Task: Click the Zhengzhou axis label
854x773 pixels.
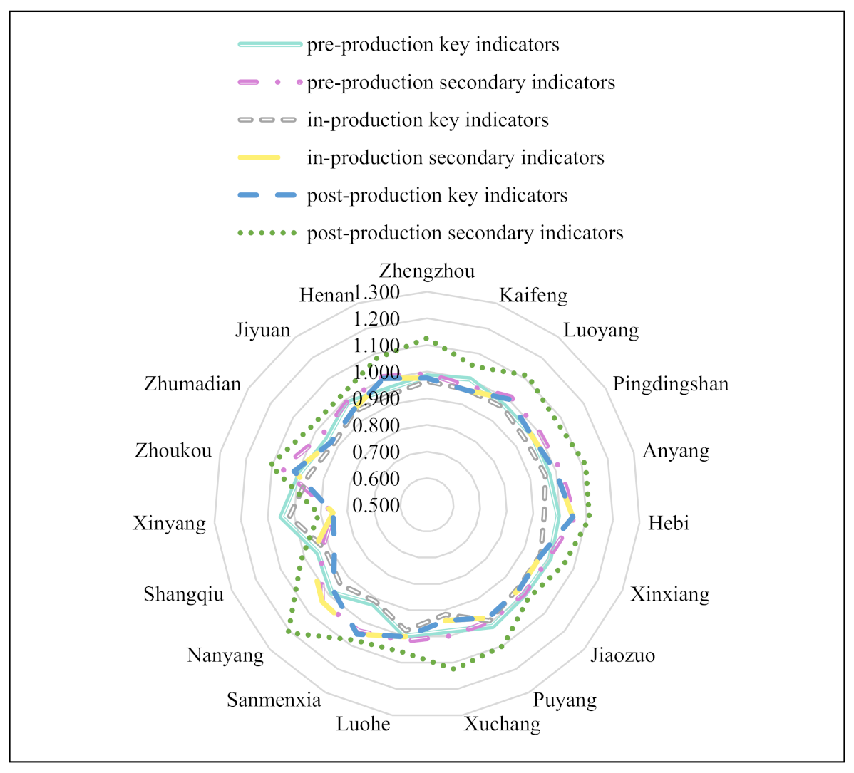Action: tap(426, 271)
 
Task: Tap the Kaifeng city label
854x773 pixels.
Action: tap(533, 295)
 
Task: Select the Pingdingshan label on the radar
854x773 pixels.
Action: tap(671, 385)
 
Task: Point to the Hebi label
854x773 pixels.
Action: tap(669, 524)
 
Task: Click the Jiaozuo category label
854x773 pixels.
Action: tap(622, 655)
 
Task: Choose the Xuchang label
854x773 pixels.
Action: tap(503, 725)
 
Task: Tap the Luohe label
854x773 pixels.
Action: tap(364, 725)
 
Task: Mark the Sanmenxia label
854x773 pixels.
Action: tap(274, 700)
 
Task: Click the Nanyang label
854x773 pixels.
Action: tap(225, 655)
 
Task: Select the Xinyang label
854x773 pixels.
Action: tap(170, 524)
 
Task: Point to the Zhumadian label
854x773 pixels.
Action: tap(192, 385)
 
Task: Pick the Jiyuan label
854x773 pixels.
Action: tap(263, 331)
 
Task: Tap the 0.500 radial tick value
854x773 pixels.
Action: tap(376, 505)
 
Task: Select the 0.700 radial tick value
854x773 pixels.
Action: tap(376, 452)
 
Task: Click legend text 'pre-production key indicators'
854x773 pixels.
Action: tap(433, 45)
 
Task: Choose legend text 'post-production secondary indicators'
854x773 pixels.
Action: tap(465, 234)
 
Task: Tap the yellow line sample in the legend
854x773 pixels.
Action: tap(259, 157)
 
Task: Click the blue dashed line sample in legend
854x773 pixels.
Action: tap(267, 195)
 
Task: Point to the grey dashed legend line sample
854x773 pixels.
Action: tap(267, 120)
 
